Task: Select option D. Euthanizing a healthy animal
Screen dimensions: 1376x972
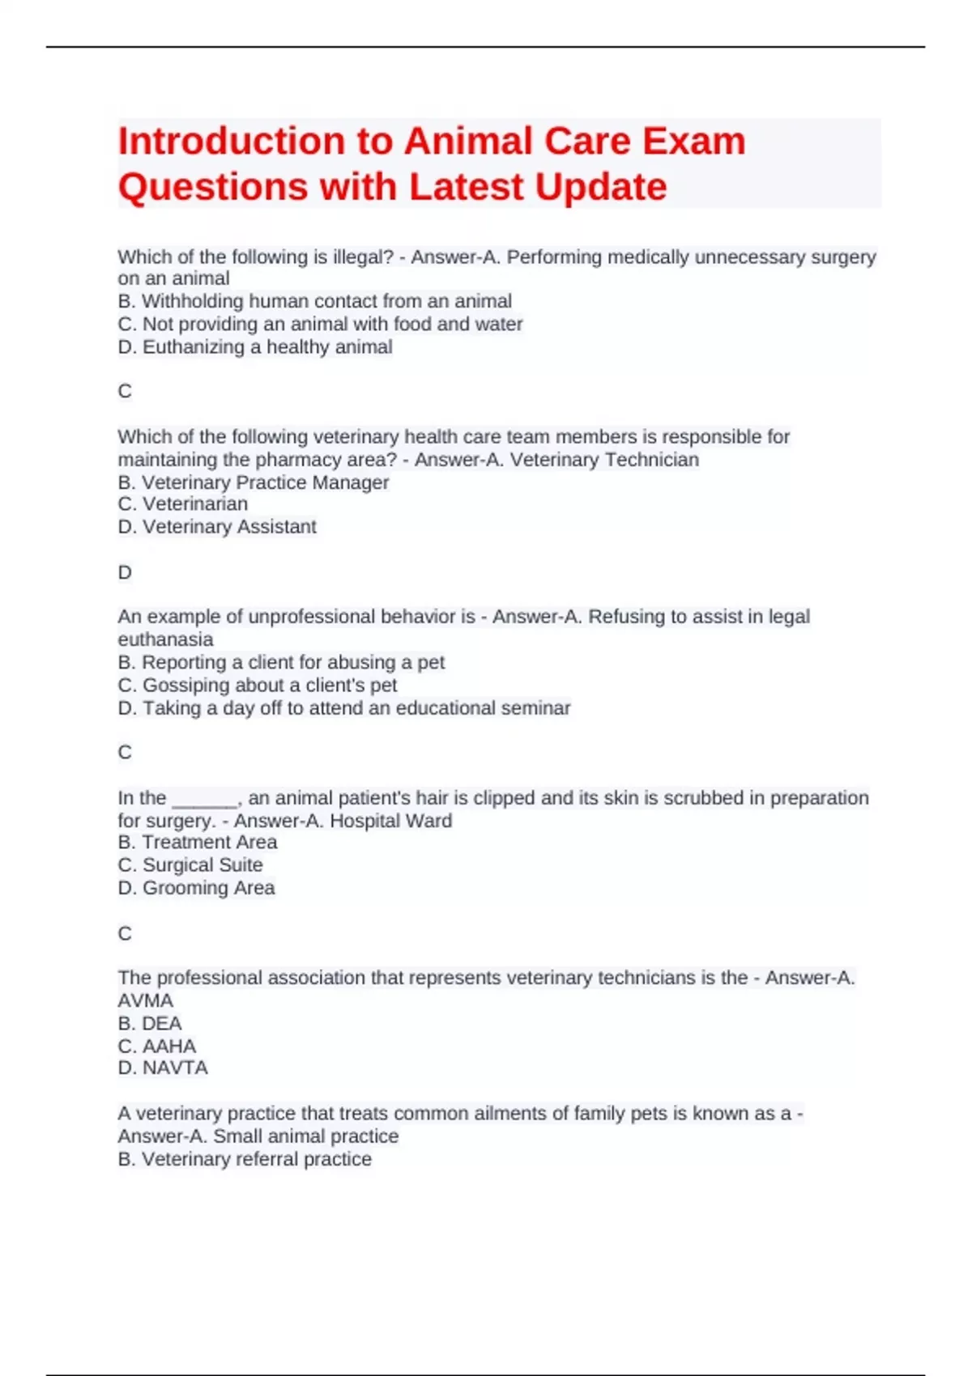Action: [255, 347]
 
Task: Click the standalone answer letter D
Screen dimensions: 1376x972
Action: [125, 572]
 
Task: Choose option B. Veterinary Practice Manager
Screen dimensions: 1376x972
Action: [253, 482]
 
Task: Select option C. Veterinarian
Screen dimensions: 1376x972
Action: [183, 504]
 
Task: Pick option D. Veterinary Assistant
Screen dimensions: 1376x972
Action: [217, 527]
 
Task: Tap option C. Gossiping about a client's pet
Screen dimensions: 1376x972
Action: [258, 686]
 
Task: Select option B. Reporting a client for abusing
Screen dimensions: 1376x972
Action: [281, 662]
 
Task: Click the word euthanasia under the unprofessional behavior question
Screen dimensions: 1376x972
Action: [165, 639]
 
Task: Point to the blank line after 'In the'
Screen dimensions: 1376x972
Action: [205, 799]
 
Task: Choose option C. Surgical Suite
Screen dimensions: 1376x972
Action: [190, 865]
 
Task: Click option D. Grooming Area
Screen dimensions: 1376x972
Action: [196, 888]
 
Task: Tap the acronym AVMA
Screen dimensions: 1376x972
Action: [146, 1000]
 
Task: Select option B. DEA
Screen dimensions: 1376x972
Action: [150, 1023]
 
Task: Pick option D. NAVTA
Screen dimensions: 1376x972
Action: [163, 1068]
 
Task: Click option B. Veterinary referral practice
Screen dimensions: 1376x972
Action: [245, 1159]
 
